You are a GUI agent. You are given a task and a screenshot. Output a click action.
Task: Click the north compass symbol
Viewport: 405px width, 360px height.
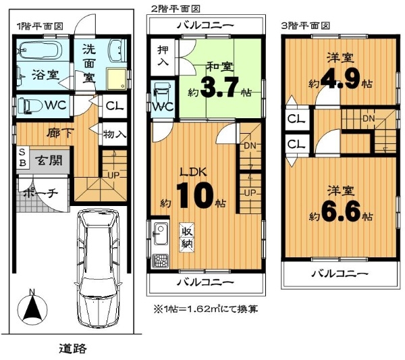tap(32, 307)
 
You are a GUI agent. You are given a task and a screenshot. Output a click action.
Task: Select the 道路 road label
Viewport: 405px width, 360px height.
tap(73, 349)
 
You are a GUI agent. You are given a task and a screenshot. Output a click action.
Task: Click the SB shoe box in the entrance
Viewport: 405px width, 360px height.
tap(23, 157)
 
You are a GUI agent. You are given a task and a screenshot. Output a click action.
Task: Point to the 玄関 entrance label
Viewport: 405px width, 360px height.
tap(49, 161)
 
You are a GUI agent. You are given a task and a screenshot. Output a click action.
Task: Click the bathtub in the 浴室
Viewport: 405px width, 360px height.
tap(40, 51)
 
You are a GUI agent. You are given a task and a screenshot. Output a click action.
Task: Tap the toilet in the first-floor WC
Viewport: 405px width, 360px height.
tap(30, 105)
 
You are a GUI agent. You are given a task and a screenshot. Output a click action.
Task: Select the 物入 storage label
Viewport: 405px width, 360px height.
tap(115, 134)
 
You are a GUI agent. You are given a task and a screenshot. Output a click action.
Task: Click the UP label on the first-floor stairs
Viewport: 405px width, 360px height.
tap(113, 176)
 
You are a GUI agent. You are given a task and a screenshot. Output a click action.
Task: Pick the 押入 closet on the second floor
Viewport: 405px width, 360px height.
tap(163, 57)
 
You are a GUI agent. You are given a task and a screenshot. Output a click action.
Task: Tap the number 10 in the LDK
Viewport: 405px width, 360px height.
tap(195, 196)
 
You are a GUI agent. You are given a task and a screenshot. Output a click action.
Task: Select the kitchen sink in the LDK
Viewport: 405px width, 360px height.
tap(161, 234)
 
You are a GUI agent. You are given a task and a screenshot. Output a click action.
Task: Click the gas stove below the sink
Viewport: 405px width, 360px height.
tap(161, 261)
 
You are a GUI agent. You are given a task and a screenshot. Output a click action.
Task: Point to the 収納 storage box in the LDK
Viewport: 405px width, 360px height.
tap(187, 237)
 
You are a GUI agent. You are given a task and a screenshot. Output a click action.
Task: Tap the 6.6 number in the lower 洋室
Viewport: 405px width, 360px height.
tap(340, 212)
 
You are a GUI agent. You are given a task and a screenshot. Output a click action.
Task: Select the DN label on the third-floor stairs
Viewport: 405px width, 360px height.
tap(369, 119)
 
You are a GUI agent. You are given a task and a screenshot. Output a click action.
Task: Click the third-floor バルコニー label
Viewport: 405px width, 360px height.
tap(339, 274)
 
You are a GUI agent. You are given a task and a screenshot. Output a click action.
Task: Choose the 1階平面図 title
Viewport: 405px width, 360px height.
tap(40, 26)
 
